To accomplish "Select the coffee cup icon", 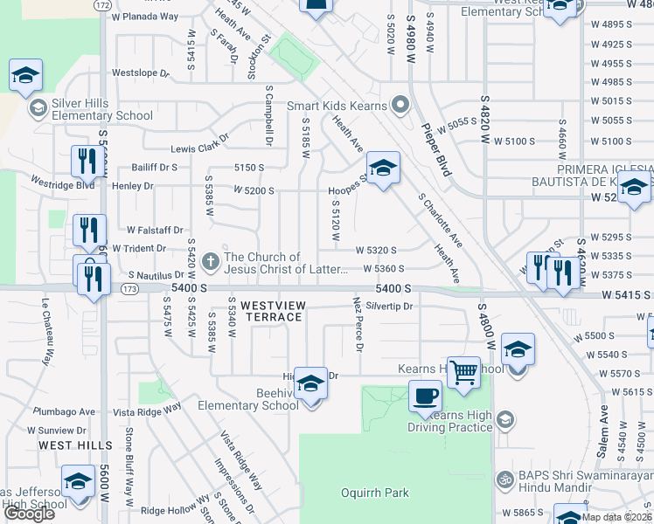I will coord(426,396).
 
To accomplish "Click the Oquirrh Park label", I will coord(374,493).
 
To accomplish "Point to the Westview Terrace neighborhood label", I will coord(271,311).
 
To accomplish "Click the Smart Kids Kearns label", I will coord(337,106).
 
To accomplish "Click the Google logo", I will coord(29,514).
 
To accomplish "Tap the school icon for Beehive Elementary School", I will coord(310,383).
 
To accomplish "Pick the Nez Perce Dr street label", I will coord(358,323).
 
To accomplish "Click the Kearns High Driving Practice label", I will coord(450,419).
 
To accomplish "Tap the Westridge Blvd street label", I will coord(62,185).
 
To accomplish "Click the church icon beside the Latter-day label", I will coord(209,261).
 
